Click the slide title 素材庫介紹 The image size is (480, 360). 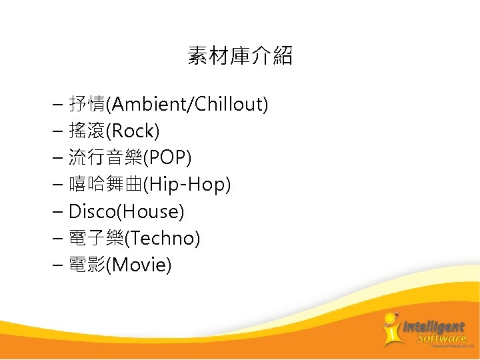click(x=240, y=56)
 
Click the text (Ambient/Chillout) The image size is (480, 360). click(x=190, y=104)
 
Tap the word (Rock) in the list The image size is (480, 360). click(x=136, y=131)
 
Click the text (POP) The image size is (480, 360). click(x=167, y=157)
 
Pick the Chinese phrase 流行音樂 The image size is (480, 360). click(x=106, y=157)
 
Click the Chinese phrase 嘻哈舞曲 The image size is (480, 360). click(x=106, y=185)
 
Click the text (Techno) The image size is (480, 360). click(x=163, y=238)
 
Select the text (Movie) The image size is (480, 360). click(x=141, y=265)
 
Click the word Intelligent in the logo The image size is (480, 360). click(x=433, y=327)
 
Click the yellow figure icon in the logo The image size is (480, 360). click(x=391, y=329)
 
